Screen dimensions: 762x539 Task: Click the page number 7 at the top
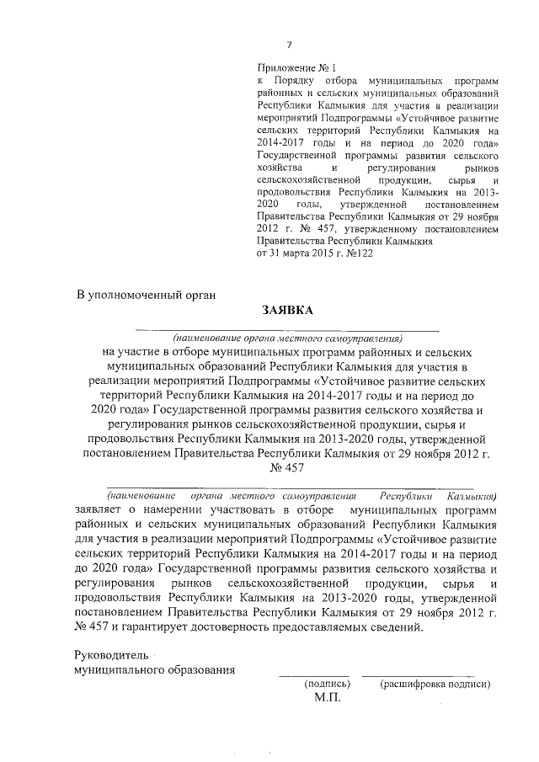click(289, 45)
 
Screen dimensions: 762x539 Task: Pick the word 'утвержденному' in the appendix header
click(378, 227)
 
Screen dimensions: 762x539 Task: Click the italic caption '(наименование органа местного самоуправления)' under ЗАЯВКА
click(286, 336)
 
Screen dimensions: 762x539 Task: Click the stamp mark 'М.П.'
click(327, 699)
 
